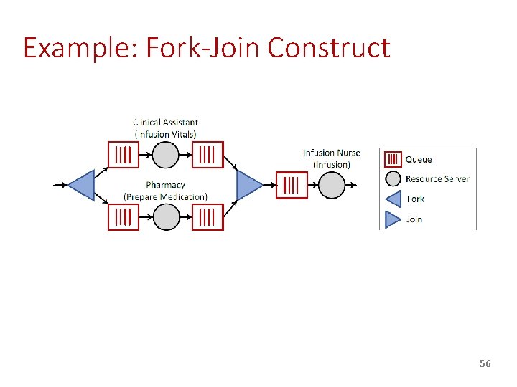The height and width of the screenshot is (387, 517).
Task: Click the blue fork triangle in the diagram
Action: pos(84,185)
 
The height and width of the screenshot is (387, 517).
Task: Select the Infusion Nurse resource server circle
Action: pos(331,185)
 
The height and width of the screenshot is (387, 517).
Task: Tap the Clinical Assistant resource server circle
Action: pos(165,154)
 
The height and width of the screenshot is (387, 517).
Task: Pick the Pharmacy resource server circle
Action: pos(165,216)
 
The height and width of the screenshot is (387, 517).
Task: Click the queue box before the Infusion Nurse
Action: pos(291,185)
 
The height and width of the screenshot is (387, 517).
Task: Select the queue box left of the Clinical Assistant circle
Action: pos(124,154)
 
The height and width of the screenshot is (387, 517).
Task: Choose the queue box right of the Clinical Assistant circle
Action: pos(208,154)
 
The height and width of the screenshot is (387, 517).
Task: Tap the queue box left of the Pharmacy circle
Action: pos(124,216)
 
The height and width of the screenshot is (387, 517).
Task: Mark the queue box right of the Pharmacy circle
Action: pos(208,216)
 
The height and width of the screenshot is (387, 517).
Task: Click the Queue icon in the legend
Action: pos(393,159)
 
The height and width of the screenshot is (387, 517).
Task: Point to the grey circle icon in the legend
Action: pos(393,179)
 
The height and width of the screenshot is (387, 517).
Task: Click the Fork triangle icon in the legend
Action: pos(393,199)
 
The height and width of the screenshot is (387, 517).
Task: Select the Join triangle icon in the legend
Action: pos(393,219)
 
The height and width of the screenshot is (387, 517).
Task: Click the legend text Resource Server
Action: pos(437,179)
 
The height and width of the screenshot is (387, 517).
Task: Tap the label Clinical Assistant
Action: pos(165,123)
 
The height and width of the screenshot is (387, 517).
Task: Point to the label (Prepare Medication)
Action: pos(165,196)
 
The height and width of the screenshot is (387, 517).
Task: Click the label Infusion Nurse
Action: pos(331,153)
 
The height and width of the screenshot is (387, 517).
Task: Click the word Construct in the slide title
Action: pos(329,48)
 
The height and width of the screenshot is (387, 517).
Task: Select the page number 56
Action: pos(485,364)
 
